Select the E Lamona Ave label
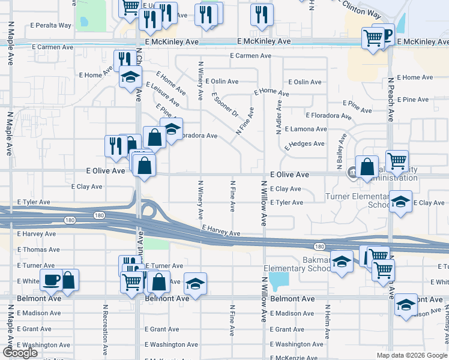306,129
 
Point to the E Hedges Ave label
304,144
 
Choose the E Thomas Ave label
38,250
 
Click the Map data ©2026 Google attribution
412,355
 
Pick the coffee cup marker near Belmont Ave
51,279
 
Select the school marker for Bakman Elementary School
342,262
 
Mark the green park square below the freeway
156,243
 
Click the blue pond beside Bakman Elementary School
279,280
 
